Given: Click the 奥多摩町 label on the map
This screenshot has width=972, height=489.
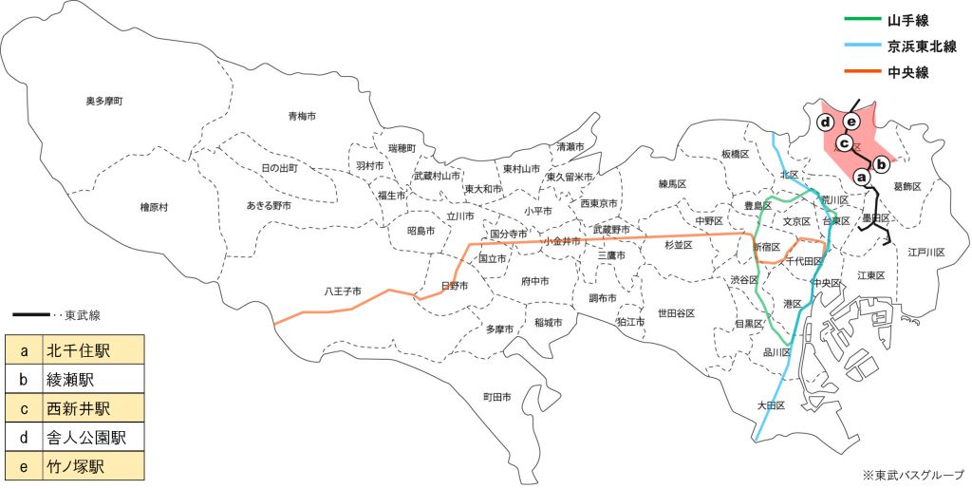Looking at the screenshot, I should (105, 101).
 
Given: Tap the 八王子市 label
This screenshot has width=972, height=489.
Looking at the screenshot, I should (342, 291).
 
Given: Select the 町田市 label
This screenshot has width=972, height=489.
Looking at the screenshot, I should (496, 396).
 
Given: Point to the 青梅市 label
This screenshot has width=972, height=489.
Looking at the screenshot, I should (302, 116).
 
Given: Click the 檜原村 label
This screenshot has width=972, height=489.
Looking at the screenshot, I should (154, 207).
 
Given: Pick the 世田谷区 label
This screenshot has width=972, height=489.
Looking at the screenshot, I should (676, 312).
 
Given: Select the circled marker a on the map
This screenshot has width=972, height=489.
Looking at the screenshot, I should (862, 177).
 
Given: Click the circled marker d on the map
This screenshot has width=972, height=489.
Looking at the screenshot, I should (826, 122).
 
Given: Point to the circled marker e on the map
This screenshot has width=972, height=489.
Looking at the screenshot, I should (851, 122).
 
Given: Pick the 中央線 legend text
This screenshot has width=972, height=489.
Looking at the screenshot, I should (908, 72).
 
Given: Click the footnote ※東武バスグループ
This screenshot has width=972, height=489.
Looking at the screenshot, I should (912, 474).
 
